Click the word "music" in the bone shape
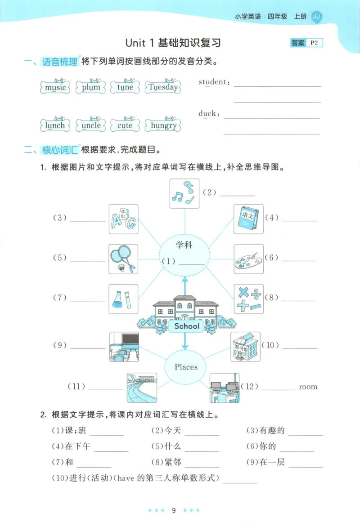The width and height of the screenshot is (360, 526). pyautogui.click(x=55, y=87)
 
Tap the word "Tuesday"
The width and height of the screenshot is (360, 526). pyautogui.click(x=163, y=87)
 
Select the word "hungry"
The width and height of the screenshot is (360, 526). pyautogui.click(x=163, y=125)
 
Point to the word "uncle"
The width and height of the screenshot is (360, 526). pyautogui.click(x=91, y=125)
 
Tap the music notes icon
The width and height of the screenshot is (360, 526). pyautogui.click(x=184, y=193)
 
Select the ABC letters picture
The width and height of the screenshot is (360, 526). pyautogui.click(x=123, y=219)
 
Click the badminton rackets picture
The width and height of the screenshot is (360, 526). pyautogui.click(x=123, y=259)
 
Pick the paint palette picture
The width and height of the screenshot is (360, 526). pyautogui.click(x=248, y=259)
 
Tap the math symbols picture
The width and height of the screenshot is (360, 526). pyautogui.click(x=248, y=299)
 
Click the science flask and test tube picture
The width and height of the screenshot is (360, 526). pyautogui.click(x=123, y=299)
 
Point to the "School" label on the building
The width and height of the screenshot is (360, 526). pyautogui.click(x=186, y=326)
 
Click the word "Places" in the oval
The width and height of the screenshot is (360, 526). pyautogui.click(x=186, y=367)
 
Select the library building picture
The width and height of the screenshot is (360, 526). pyautogui.click(x=245, y=347)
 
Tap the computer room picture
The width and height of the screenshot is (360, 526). pyautogui.click(x=224, y=388)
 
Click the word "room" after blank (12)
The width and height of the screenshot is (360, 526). pyautogui.click(x=308, y=387)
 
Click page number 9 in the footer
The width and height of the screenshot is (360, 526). pyautogui.click(x=174, y=510)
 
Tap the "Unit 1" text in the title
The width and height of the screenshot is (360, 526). pyautogui.click(x=140, y=43)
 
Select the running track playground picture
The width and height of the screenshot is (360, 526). pyautogui.click(x=141, y=388)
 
